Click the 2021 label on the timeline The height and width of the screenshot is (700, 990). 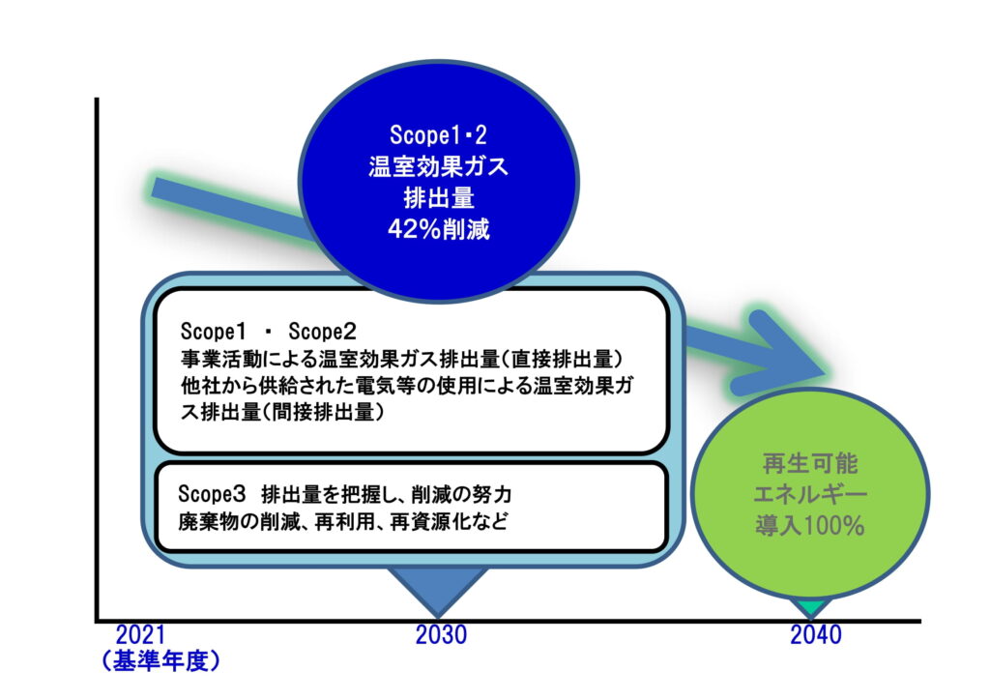[x=140, y=634]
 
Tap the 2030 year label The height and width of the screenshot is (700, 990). [x=441, y=634]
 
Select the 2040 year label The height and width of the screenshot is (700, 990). [x=816, y=634]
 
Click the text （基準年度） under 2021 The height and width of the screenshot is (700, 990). [x=160, y=661]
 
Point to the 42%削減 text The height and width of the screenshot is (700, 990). [x=439, y=229]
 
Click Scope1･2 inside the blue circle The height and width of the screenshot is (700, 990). [x=438, y=134]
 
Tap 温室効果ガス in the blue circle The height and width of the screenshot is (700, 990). [x=438, y=166]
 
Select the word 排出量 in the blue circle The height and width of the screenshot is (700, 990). [x=439, y=198]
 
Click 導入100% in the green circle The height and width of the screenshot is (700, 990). [x=810, y=525]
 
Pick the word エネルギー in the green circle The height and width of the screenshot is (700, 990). [x=810, y=494]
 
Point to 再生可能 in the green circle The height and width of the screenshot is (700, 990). [x=810, y=464]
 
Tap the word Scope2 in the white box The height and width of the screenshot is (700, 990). [x=322, y=331]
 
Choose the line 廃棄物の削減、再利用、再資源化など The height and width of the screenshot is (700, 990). [x=343, y=522]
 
